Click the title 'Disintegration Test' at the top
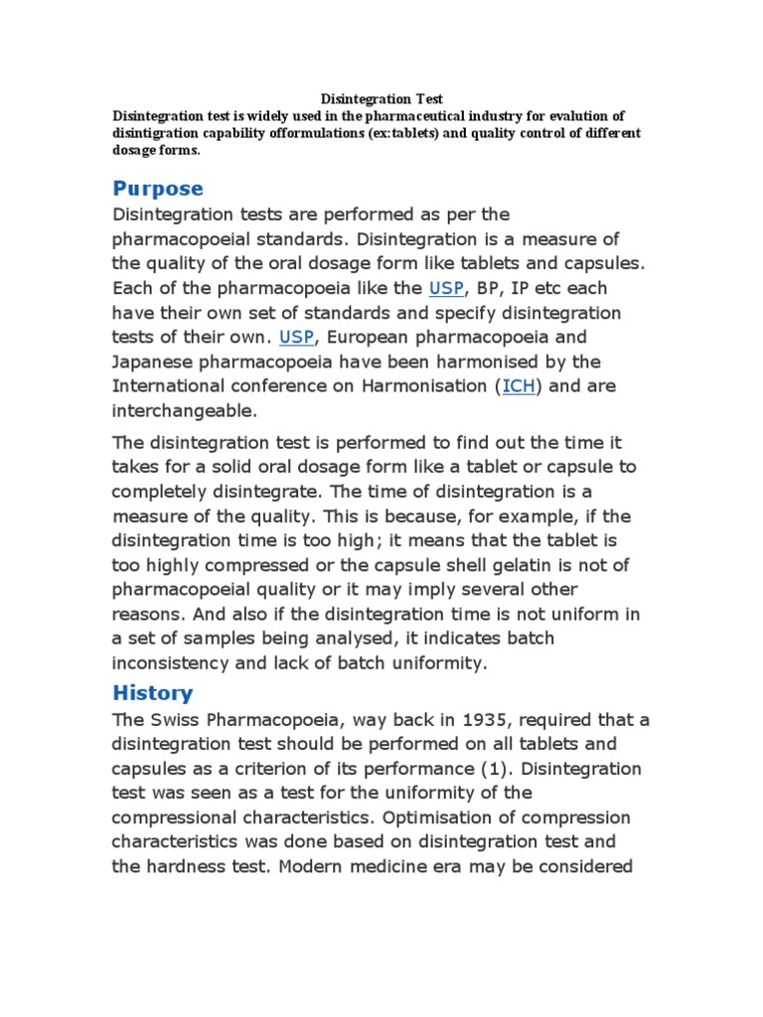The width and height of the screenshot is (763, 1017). click(381, 99)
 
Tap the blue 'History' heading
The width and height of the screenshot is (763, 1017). click(153, 692)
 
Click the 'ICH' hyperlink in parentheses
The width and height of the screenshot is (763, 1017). click(519, 385)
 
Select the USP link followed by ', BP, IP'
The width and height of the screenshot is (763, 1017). click(445, 288)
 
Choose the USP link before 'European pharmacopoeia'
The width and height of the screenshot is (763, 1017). click(296, 337)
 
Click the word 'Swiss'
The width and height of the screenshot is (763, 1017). click(177, 719)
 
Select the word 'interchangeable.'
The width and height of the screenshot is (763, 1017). click(184, 410)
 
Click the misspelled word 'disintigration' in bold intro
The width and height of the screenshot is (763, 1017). click(161, 133)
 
